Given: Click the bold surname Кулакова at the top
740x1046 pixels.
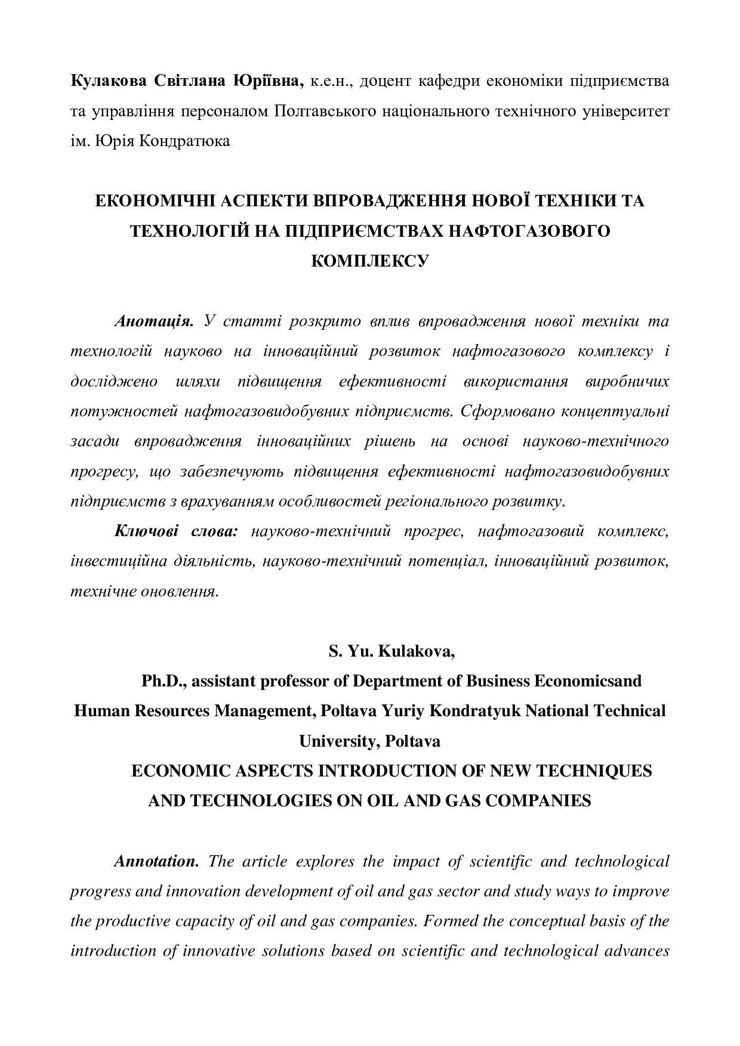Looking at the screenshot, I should tap(107, 81).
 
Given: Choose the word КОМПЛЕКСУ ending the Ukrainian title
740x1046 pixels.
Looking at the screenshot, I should tap(370, 261).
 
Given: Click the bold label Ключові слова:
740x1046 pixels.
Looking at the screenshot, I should tap(175, 531).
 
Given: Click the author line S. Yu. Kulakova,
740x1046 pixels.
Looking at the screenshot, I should tap(391, 652).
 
